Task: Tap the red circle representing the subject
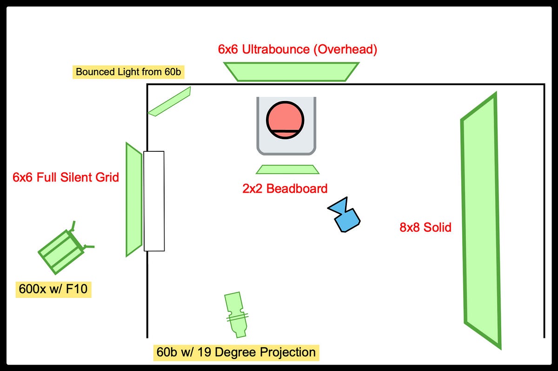click(x=285, y=120)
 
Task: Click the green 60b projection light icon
click(x=237, y=314)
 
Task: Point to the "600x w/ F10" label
click(x=53, y=289)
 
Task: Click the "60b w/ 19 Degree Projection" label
click(x=236, y=352)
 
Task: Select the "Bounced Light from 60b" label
click(x=128, y=72)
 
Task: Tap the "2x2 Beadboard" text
click(x=285, y=189)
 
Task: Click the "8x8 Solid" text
click(x=425, y=228)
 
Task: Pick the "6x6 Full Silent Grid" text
click(x=66, y=177)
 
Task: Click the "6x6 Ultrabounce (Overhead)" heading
click(x=297, y=49)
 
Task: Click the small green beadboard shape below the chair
click(x=287, y=169)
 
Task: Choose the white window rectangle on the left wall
click(x=154, y=201)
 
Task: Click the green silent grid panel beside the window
click(x=133, y=199)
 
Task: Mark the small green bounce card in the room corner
click(x=170, y=101)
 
